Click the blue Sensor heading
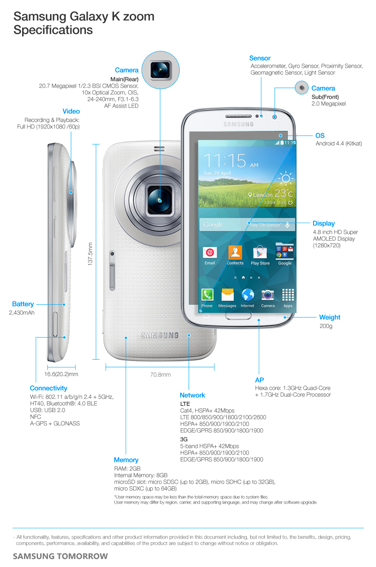260,58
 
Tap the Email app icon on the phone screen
209,252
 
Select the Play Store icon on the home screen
260,252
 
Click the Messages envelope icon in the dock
227,295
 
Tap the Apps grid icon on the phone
288,295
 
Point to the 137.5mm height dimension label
90,254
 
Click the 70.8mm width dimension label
160,374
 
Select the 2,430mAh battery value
22,313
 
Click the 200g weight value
326,326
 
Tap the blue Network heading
192,395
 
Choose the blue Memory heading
126,460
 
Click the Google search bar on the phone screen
247,225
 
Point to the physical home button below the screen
238,316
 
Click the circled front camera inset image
302,88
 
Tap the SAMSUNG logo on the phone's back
160,335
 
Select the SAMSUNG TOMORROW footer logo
60,556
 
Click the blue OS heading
320,136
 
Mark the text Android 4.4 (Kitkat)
338,144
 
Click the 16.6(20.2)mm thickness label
61,374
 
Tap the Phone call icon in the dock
207,295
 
